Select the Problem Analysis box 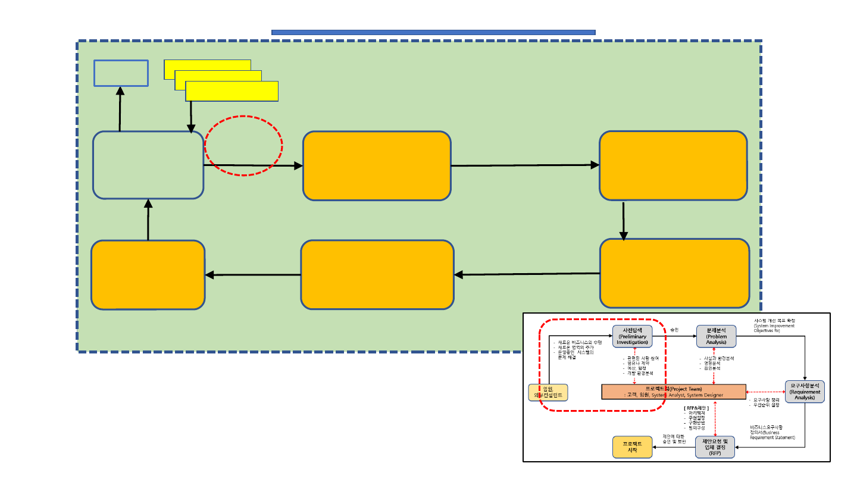click(x=717, y=336)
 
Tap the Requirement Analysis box click(x=805, y=390)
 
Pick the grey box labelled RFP click(x=715, y=447)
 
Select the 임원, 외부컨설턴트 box click(x=548, y=392)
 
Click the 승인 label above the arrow click(x=674, y=330)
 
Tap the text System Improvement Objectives click(x=774, y=325)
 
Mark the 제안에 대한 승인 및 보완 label click(x=674, y=439)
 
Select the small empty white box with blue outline click(x=121, y=73)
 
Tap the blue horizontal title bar click(x=433, y=32)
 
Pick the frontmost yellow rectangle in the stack click(x=232, y=92)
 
